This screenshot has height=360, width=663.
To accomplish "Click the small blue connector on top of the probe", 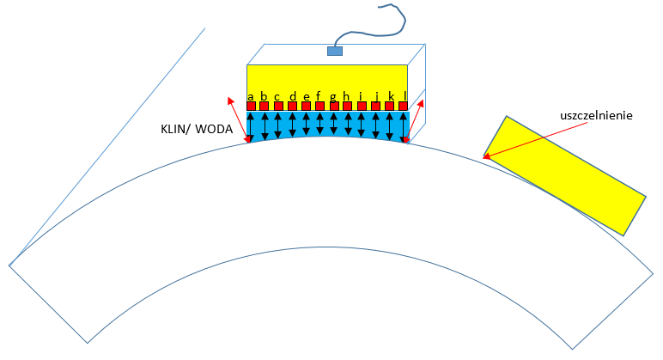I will pyautogui.click(x=334, y=51).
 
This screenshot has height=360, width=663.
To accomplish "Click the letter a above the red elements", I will pyautogui.click(x=250, y=96).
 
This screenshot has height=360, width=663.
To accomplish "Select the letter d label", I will pyautogui.click(x=293, y=96).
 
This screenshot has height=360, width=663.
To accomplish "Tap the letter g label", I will pyautogui.click(x=333, y=96).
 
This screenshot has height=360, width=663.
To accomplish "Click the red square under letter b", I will pyautogui.click(x=265, y=107).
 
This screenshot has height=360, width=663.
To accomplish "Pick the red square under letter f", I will pyautogui.click(x=319, y=107).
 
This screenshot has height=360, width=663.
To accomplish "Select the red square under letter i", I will pyautogui.click(x=362, y=107).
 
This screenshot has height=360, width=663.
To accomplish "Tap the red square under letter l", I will pyautogui.click(x=403, y=107).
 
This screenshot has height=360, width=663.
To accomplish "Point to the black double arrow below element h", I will pyautogui.click(x=348, y=124).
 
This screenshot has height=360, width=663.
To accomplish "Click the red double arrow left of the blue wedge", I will pyautogui.click(x=239, y=119).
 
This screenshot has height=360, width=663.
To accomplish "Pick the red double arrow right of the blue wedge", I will pyautogui.click(x=414, y=119).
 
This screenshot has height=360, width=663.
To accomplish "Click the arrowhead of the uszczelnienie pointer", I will pyautogui.click(x=486, y=156).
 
